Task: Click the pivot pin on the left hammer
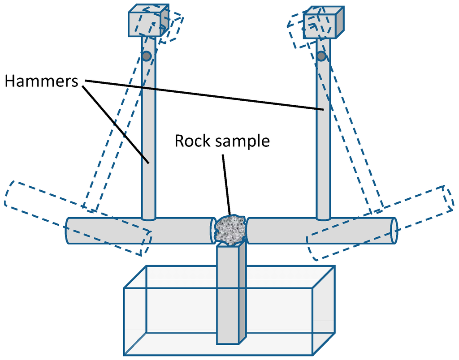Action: pos(146,56)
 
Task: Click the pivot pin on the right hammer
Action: pos(321,56)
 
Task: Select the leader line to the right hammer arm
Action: pos(202,94)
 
